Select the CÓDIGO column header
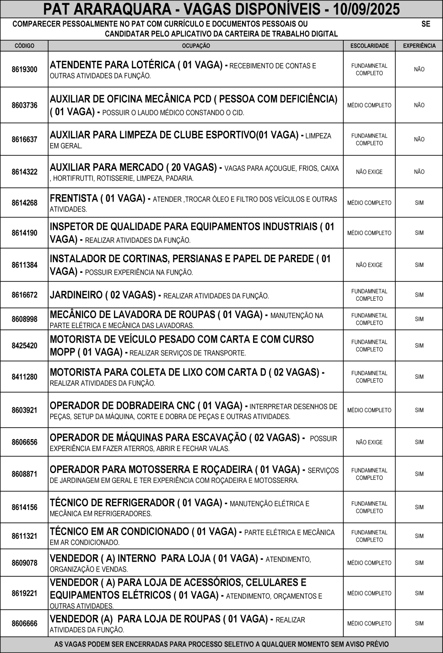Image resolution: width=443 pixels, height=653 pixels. coord(24,46)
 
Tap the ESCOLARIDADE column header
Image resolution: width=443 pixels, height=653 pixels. coord(369,46)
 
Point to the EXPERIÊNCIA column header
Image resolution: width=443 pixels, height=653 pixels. coord(419,46)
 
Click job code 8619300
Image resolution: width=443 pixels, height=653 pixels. coord(24,69)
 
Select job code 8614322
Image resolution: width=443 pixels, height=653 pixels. coord(24,172)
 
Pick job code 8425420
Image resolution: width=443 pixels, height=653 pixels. coord(24,345)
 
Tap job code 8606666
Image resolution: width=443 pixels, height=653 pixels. coord(24,623)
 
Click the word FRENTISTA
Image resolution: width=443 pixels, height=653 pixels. coord(74,199)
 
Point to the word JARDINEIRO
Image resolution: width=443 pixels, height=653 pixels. coord(76,295)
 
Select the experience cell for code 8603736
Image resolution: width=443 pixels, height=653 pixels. coord(419,105)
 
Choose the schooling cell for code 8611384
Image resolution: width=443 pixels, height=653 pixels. coord(369,265)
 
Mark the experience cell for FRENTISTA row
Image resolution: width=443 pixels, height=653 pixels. coord(419,203)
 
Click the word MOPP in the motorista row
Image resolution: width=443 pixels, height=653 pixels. coord(62,352)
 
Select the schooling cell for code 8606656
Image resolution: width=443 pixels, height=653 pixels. coord(369,442)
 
